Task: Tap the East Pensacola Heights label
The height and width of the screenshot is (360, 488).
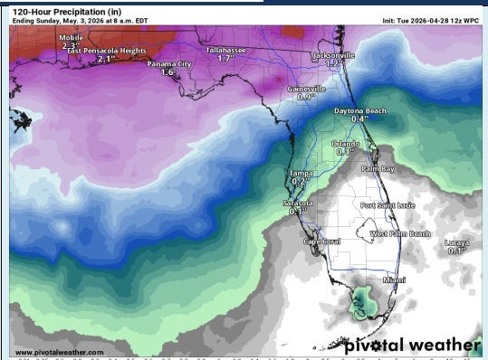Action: [107, 52]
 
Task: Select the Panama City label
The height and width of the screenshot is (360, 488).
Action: [170, 64]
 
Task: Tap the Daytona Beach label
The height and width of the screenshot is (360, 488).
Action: [359, 110]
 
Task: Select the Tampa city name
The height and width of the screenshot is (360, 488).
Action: [301, 173]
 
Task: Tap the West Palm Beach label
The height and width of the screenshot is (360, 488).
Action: [400, 233]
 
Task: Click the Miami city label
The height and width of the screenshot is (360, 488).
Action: [394, 280]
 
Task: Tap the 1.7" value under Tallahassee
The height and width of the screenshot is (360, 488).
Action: [226, 59]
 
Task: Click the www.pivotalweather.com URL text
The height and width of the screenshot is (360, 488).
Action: [59, 352]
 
